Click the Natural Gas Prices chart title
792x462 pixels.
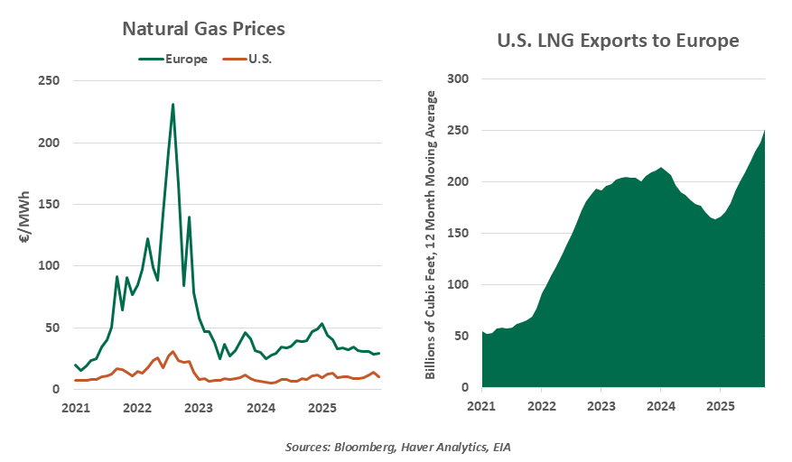pyautogui.click(x=203, y=29)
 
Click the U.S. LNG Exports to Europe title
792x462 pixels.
pyautogui.click(x=619, y=41)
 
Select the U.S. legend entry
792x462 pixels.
pyautogui.click(x=261, y=60)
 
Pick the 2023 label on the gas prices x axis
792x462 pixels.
pyautogui.click(x=200, y=408)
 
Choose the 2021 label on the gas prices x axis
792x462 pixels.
pyautogui.click(x=75, y=408)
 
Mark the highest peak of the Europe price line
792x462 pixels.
pyautogui.click(x=172, y=105)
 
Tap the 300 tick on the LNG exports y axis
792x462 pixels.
pyautogui.click(x=460, y=79)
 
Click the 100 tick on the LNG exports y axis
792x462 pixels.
pyautogui.click(x=460, y=285)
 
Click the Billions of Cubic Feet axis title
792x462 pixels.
pyautogui.click(x=432, y=233)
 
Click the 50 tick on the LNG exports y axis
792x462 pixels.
pyautogui.click(x=463, y=337)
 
